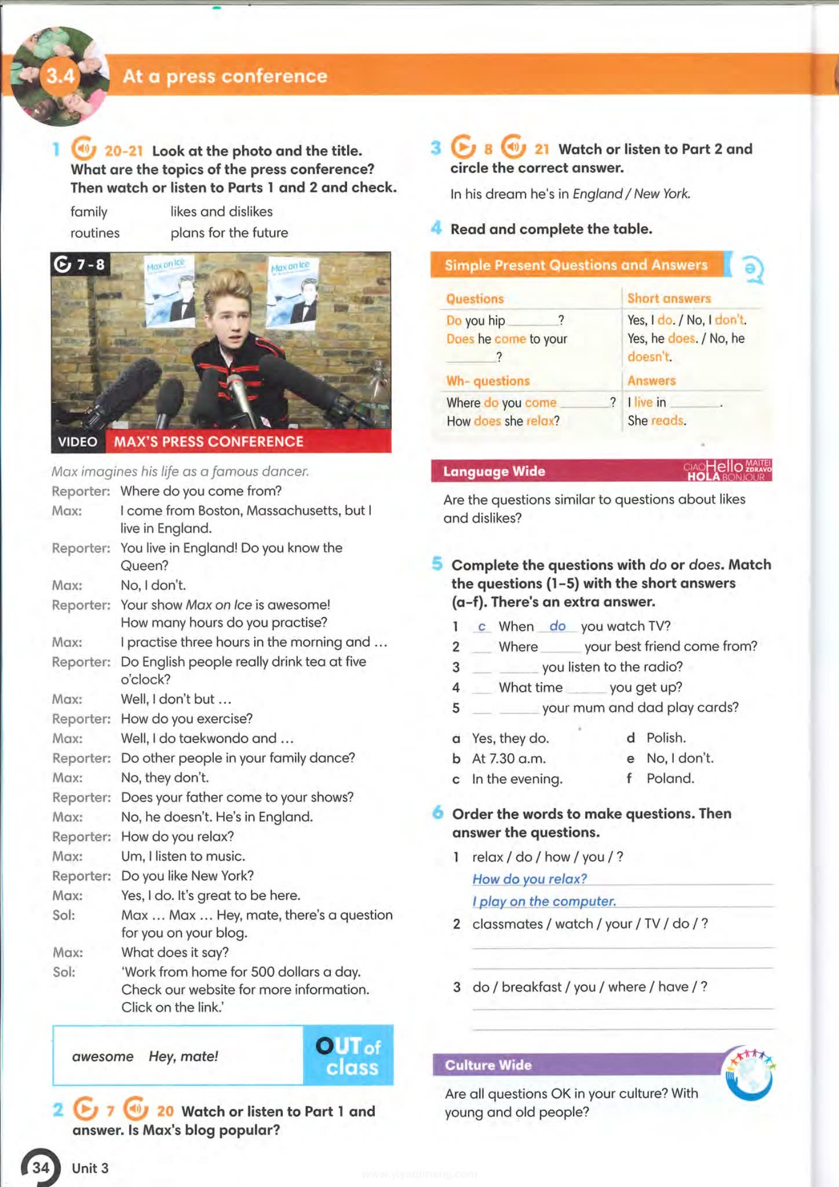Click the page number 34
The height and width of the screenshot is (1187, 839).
click(x=40, y=1167)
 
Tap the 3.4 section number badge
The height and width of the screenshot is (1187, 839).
click(x=60, y=76)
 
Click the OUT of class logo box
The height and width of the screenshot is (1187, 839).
click(x=348, y=1055)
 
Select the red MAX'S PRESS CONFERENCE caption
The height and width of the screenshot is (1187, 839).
click(x=209, y=442)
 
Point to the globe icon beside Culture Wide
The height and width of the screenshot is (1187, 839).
click(x=751, y=1074)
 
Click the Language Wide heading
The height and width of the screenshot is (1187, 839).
click(x=494, y=471)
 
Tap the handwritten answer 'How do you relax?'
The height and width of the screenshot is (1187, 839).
click(x=530, y=879)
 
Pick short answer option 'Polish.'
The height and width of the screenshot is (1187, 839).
click(x=666, y=738)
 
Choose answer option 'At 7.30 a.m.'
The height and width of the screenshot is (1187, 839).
click(x=509, y=758)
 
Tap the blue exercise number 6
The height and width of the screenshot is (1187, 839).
click(x=438, y=813)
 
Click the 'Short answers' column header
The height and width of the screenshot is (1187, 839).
click(x=669, y=298)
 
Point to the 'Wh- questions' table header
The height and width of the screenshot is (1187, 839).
click(x=488, y=381)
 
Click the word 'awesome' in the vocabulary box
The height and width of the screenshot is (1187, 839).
click(x=103, y=1056)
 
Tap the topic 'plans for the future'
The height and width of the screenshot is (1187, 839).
click(x=229, y=232)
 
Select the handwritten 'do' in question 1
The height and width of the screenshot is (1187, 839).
click(x=557, y=626)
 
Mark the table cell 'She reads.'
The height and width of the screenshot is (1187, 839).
click(x=657, y=421)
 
